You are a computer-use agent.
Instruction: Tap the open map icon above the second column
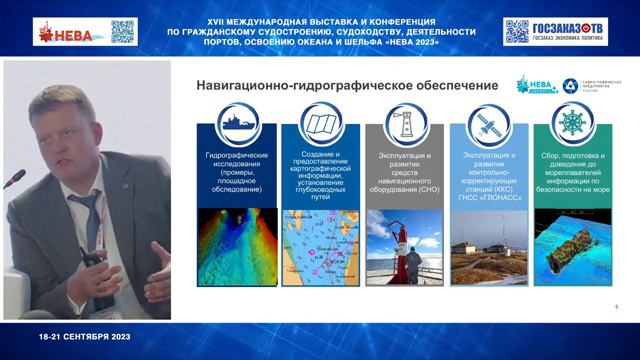tap(321, 122)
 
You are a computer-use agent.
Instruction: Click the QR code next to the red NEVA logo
tap(122, 31)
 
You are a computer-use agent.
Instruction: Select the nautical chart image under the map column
tap(321, 246)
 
